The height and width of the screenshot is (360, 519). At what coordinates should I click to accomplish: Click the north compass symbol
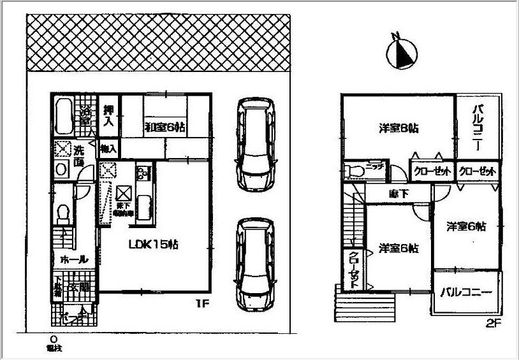(x=401, y=52)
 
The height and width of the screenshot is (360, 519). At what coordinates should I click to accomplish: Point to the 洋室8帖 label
(x=398, y=128)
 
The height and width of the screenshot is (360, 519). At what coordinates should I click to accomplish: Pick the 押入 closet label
(x=108, y=119)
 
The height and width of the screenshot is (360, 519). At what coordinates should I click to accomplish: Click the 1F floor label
(x=203, y=305)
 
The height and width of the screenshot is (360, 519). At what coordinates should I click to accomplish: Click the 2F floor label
(x=492, y=323)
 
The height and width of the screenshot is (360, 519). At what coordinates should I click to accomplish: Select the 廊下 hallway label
(x=398, y=194)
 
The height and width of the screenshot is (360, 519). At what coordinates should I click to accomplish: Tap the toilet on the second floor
(x=353, y=171)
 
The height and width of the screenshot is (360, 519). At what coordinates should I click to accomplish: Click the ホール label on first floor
(x=70, y=260)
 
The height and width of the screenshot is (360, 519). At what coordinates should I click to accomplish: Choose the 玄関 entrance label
(x=81, y=287)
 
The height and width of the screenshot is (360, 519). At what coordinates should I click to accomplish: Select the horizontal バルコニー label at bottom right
(x=466, y=293)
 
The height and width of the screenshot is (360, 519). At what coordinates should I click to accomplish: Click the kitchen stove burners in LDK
(x=142, y=173)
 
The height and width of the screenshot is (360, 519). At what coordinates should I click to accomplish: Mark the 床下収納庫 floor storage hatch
(x=123, y=192)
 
